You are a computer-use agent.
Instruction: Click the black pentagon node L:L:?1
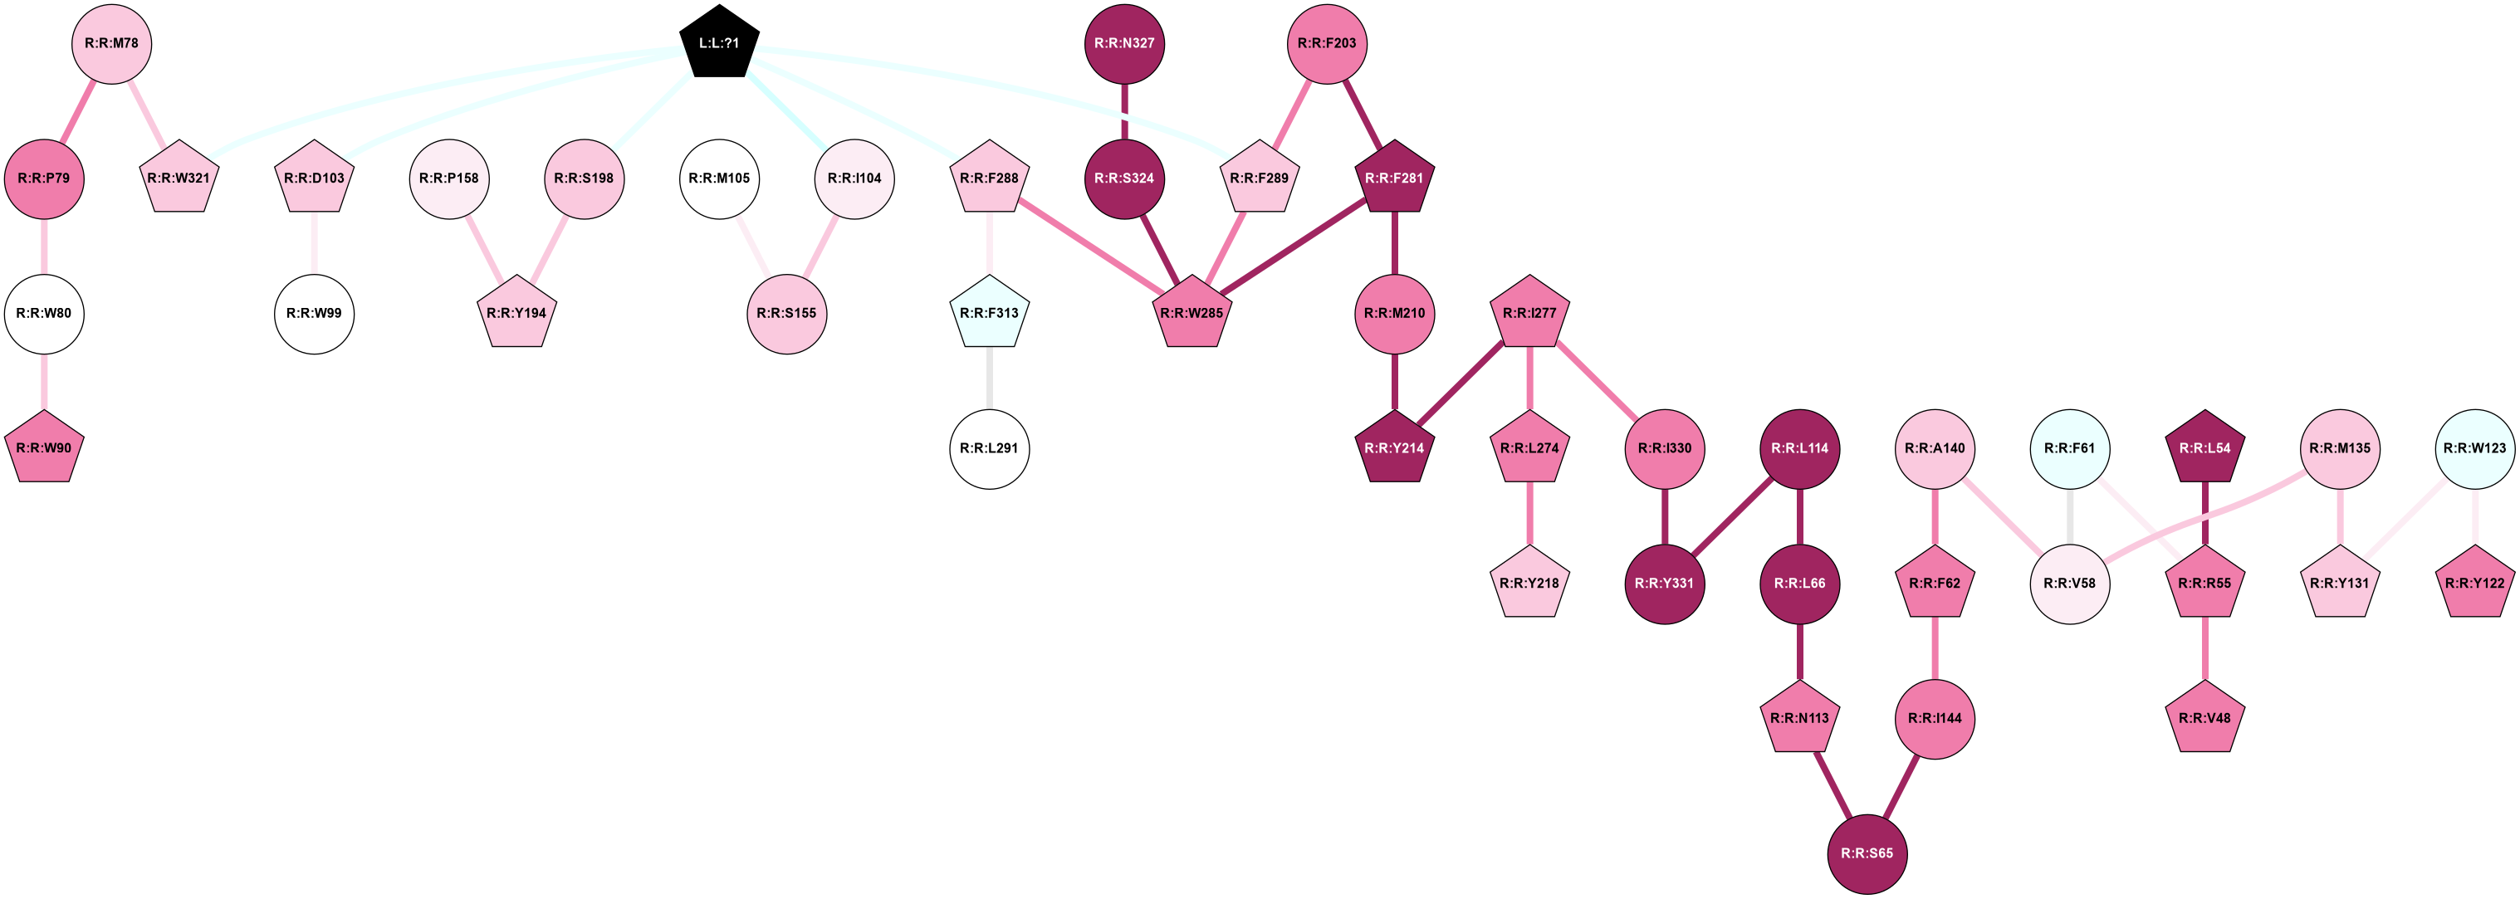719,43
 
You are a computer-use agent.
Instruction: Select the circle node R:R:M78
111,43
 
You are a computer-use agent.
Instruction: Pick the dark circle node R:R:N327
1124,43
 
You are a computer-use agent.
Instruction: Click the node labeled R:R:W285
1191,313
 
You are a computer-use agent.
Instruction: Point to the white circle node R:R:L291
989,448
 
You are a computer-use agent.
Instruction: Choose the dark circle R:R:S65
1867,853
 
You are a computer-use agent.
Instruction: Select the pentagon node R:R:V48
2205,718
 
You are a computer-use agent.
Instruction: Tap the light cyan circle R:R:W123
2474,448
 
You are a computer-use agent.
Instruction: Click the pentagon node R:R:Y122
2474,583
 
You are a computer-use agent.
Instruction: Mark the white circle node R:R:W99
314,313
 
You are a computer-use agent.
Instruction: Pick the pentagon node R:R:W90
44,448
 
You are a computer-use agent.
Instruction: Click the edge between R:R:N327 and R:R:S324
1124,110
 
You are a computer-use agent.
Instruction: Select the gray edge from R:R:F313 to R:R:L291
989,379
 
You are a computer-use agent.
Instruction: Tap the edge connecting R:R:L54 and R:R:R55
2205,515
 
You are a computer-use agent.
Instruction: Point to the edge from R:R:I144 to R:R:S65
1901,785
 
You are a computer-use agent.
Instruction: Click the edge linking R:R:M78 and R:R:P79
78,110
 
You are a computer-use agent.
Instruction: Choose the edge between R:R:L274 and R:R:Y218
1529,515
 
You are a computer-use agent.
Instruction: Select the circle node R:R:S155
786,313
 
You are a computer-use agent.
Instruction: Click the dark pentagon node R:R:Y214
1394,448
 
